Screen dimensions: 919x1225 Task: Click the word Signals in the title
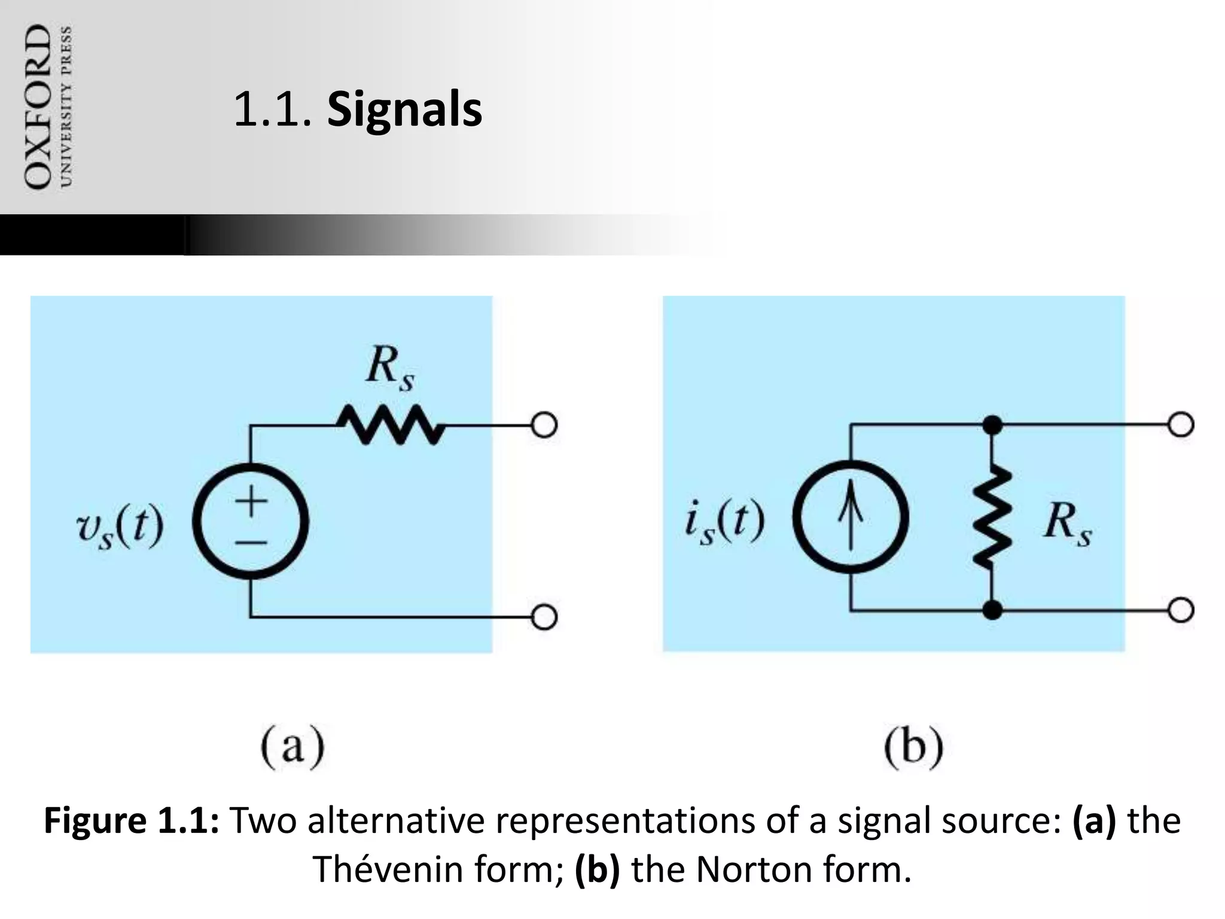pos(404,110)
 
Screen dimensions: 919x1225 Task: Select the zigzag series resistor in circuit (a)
pos(390,425)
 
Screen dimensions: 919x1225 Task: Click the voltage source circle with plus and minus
pos(251,522)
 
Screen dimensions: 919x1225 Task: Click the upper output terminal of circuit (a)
pos(544,426)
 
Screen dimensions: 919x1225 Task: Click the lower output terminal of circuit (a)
pos(544,617)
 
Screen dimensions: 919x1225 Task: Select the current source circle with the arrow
pos(851,518)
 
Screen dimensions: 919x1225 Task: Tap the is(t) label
pos(724,522)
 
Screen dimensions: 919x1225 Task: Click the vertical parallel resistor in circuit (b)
pos(992,518)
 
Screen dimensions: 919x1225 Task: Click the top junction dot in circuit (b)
pos(993,425)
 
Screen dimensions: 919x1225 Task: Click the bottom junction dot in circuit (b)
pos(993,611)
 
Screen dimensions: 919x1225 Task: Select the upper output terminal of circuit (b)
pos(1181,425)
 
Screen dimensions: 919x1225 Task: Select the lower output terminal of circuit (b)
pos(1181,611)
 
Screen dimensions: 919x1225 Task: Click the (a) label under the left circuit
pos(292,748)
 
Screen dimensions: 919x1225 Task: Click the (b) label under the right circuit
pos(913,748)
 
